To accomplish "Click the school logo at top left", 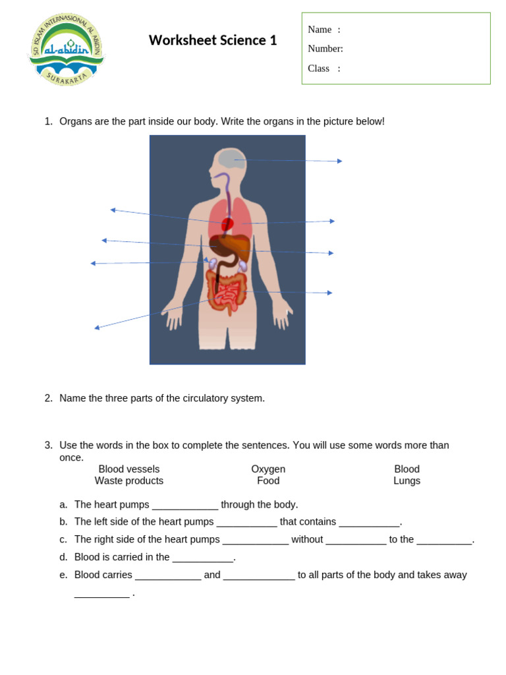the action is [66, 49].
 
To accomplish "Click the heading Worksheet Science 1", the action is [213, 40].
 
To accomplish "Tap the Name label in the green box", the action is [320, 30].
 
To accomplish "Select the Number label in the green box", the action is [325, 49].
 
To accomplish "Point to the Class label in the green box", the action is [319, 69].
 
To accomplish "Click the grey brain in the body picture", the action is [231, 159].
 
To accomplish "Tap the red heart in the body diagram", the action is [227, 224].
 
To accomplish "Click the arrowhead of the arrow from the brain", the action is [339, 161].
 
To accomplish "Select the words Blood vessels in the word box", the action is [129, 469].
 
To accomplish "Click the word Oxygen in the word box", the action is [268, 469].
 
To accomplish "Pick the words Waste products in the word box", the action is [129, 481].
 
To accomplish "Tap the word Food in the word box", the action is [268, 481].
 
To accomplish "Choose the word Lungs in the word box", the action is [407, 481].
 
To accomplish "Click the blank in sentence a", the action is [185, 506].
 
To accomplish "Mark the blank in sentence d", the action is [203, 558].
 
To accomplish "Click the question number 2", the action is [48, 398].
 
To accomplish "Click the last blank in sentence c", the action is [444, 541].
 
